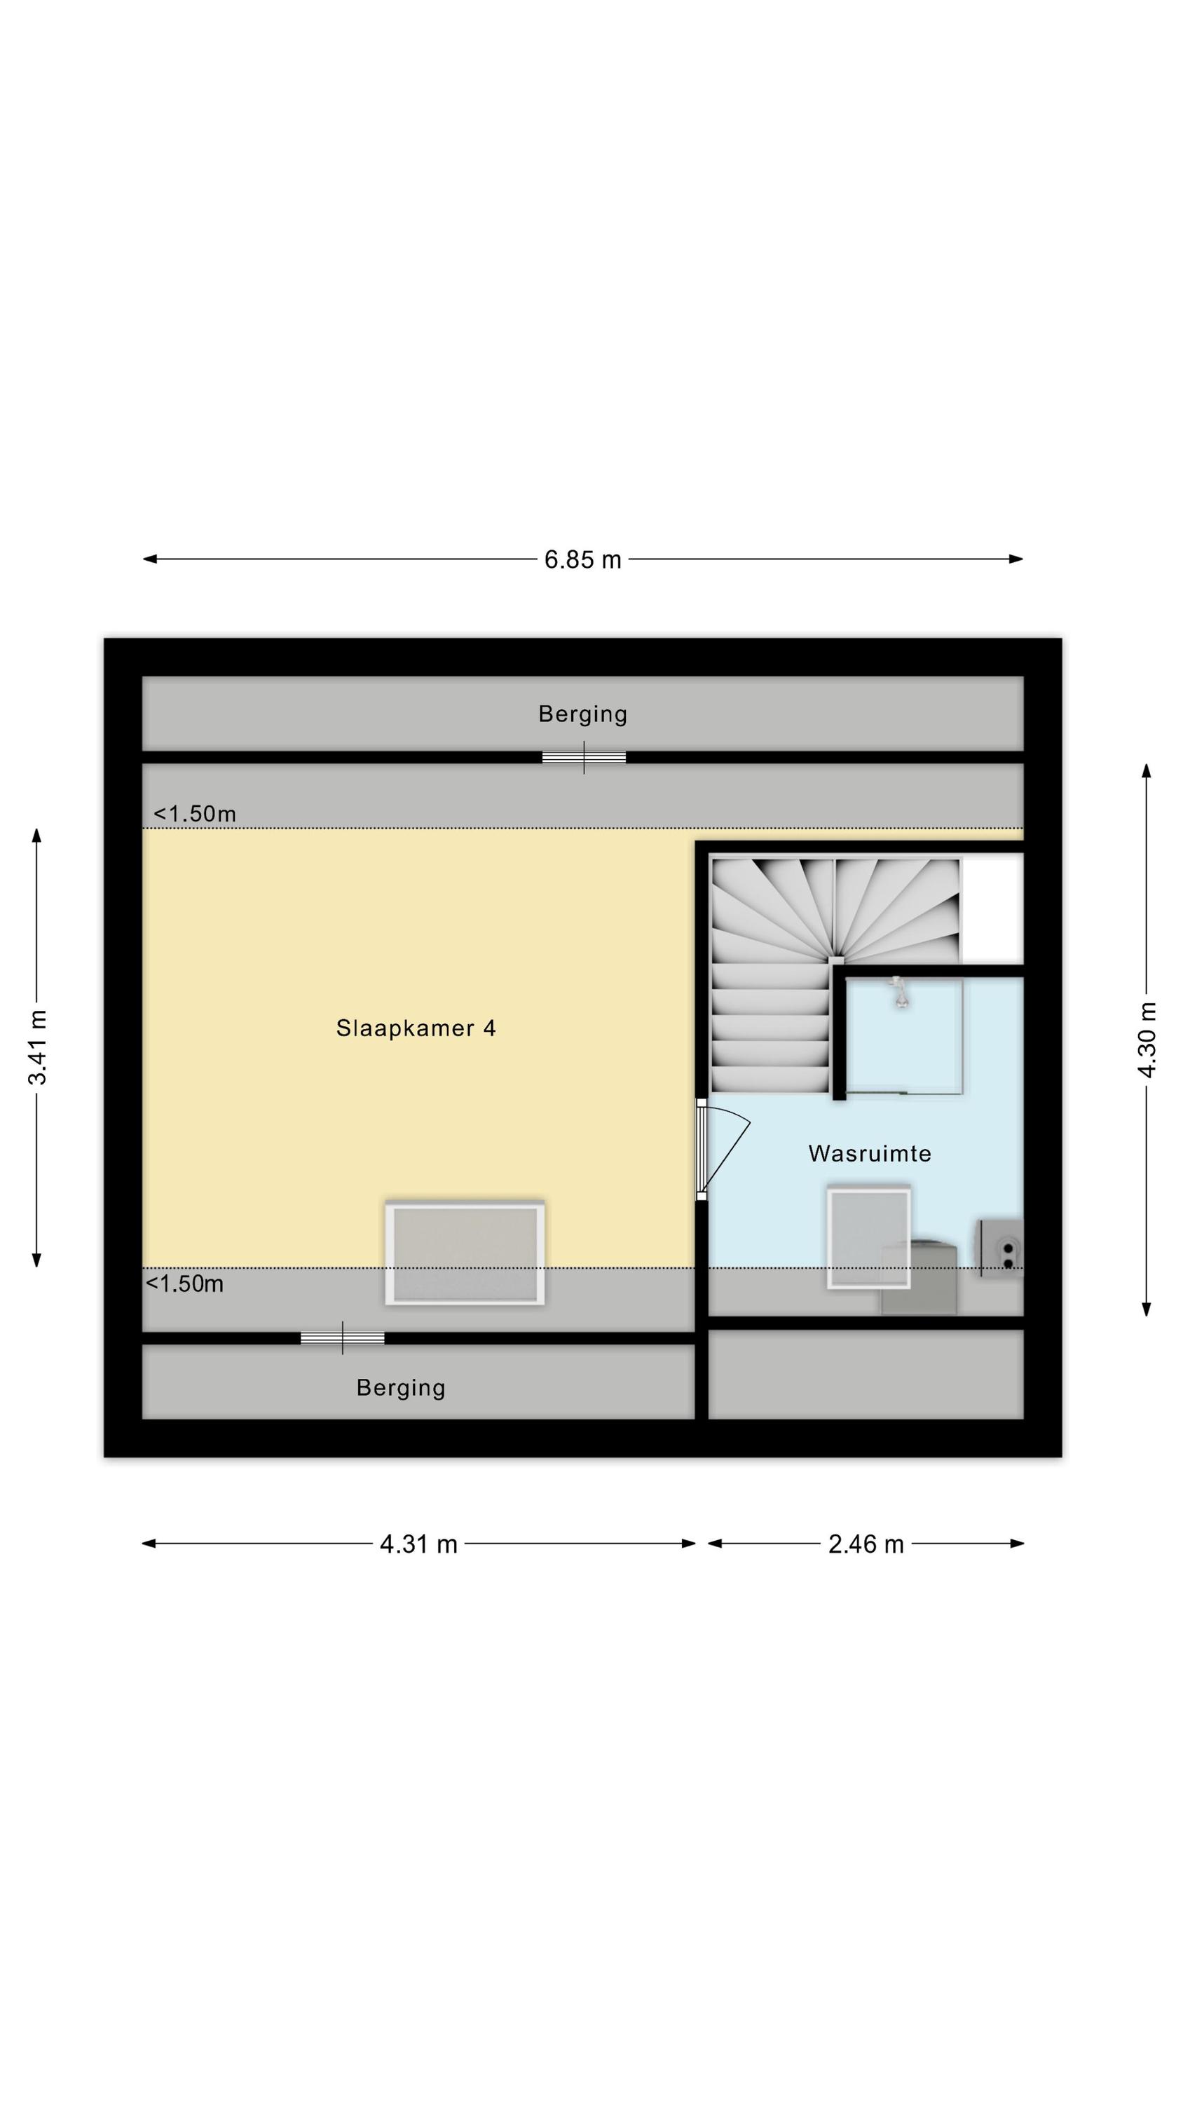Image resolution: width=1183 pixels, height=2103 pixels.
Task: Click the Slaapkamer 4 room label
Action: point(416,1028)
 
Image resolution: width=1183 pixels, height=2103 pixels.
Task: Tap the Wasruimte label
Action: point(870,1154)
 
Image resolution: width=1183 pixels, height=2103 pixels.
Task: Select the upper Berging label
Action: point(582,714)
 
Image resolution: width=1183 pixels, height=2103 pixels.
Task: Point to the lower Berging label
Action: point(401,1388)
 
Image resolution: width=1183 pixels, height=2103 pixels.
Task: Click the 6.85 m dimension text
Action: point(583,560)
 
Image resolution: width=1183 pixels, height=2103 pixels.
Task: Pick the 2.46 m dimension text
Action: point(866,1544)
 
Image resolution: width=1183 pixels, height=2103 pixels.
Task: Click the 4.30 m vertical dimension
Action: point(1147,1040)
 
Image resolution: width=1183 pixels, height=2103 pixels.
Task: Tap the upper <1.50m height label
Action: point(194,814)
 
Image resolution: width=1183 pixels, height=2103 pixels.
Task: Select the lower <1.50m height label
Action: point(184,1284)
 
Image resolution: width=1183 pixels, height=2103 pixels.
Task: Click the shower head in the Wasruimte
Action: point(900,994)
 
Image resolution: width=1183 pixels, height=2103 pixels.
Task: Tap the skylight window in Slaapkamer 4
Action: point(465,1252)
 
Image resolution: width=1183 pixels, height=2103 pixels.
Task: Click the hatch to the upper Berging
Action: point(584,757)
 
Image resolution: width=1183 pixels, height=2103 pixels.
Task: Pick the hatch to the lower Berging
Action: point(342,1338)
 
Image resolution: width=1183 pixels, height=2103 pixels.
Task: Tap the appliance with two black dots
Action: point(1001,1248)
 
